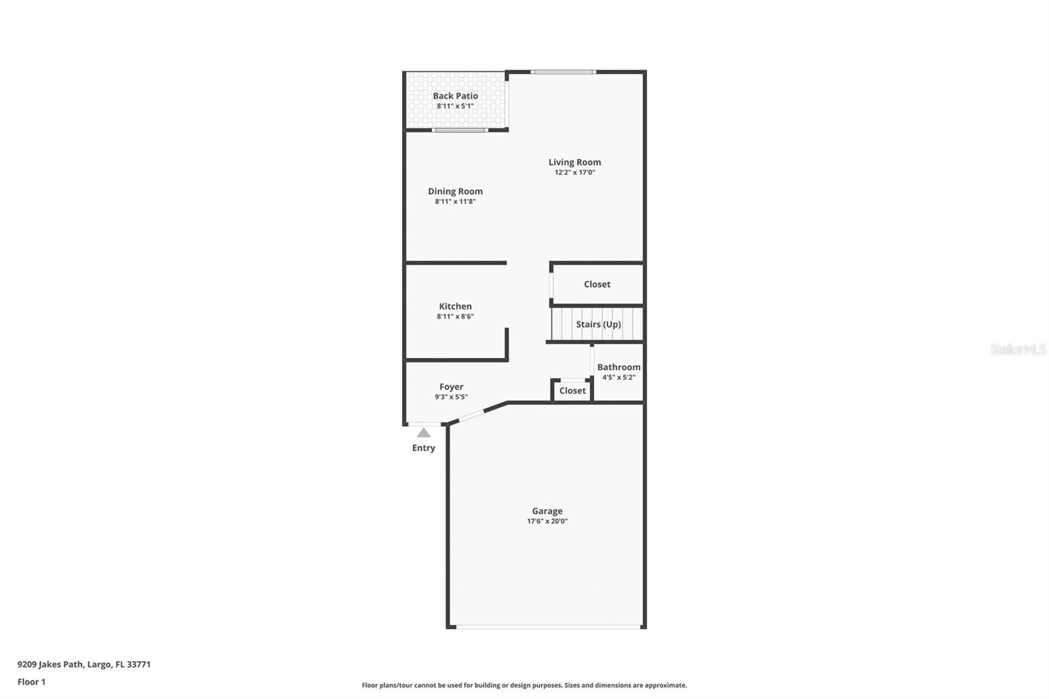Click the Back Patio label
455,96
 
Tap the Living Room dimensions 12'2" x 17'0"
574,172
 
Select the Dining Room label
455,191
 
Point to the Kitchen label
455,306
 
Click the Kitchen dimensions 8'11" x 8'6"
455,316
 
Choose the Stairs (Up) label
598,324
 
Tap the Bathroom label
619,367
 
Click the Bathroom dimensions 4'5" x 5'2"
619,377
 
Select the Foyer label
452,386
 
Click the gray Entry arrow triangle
424,432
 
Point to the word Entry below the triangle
424,448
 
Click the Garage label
547,511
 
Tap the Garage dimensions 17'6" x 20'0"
547,521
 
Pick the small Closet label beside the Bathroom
572,390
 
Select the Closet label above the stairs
597,284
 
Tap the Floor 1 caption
31,682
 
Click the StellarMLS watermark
1018,349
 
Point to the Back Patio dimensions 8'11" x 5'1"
455,106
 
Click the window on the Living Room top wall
563,72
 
